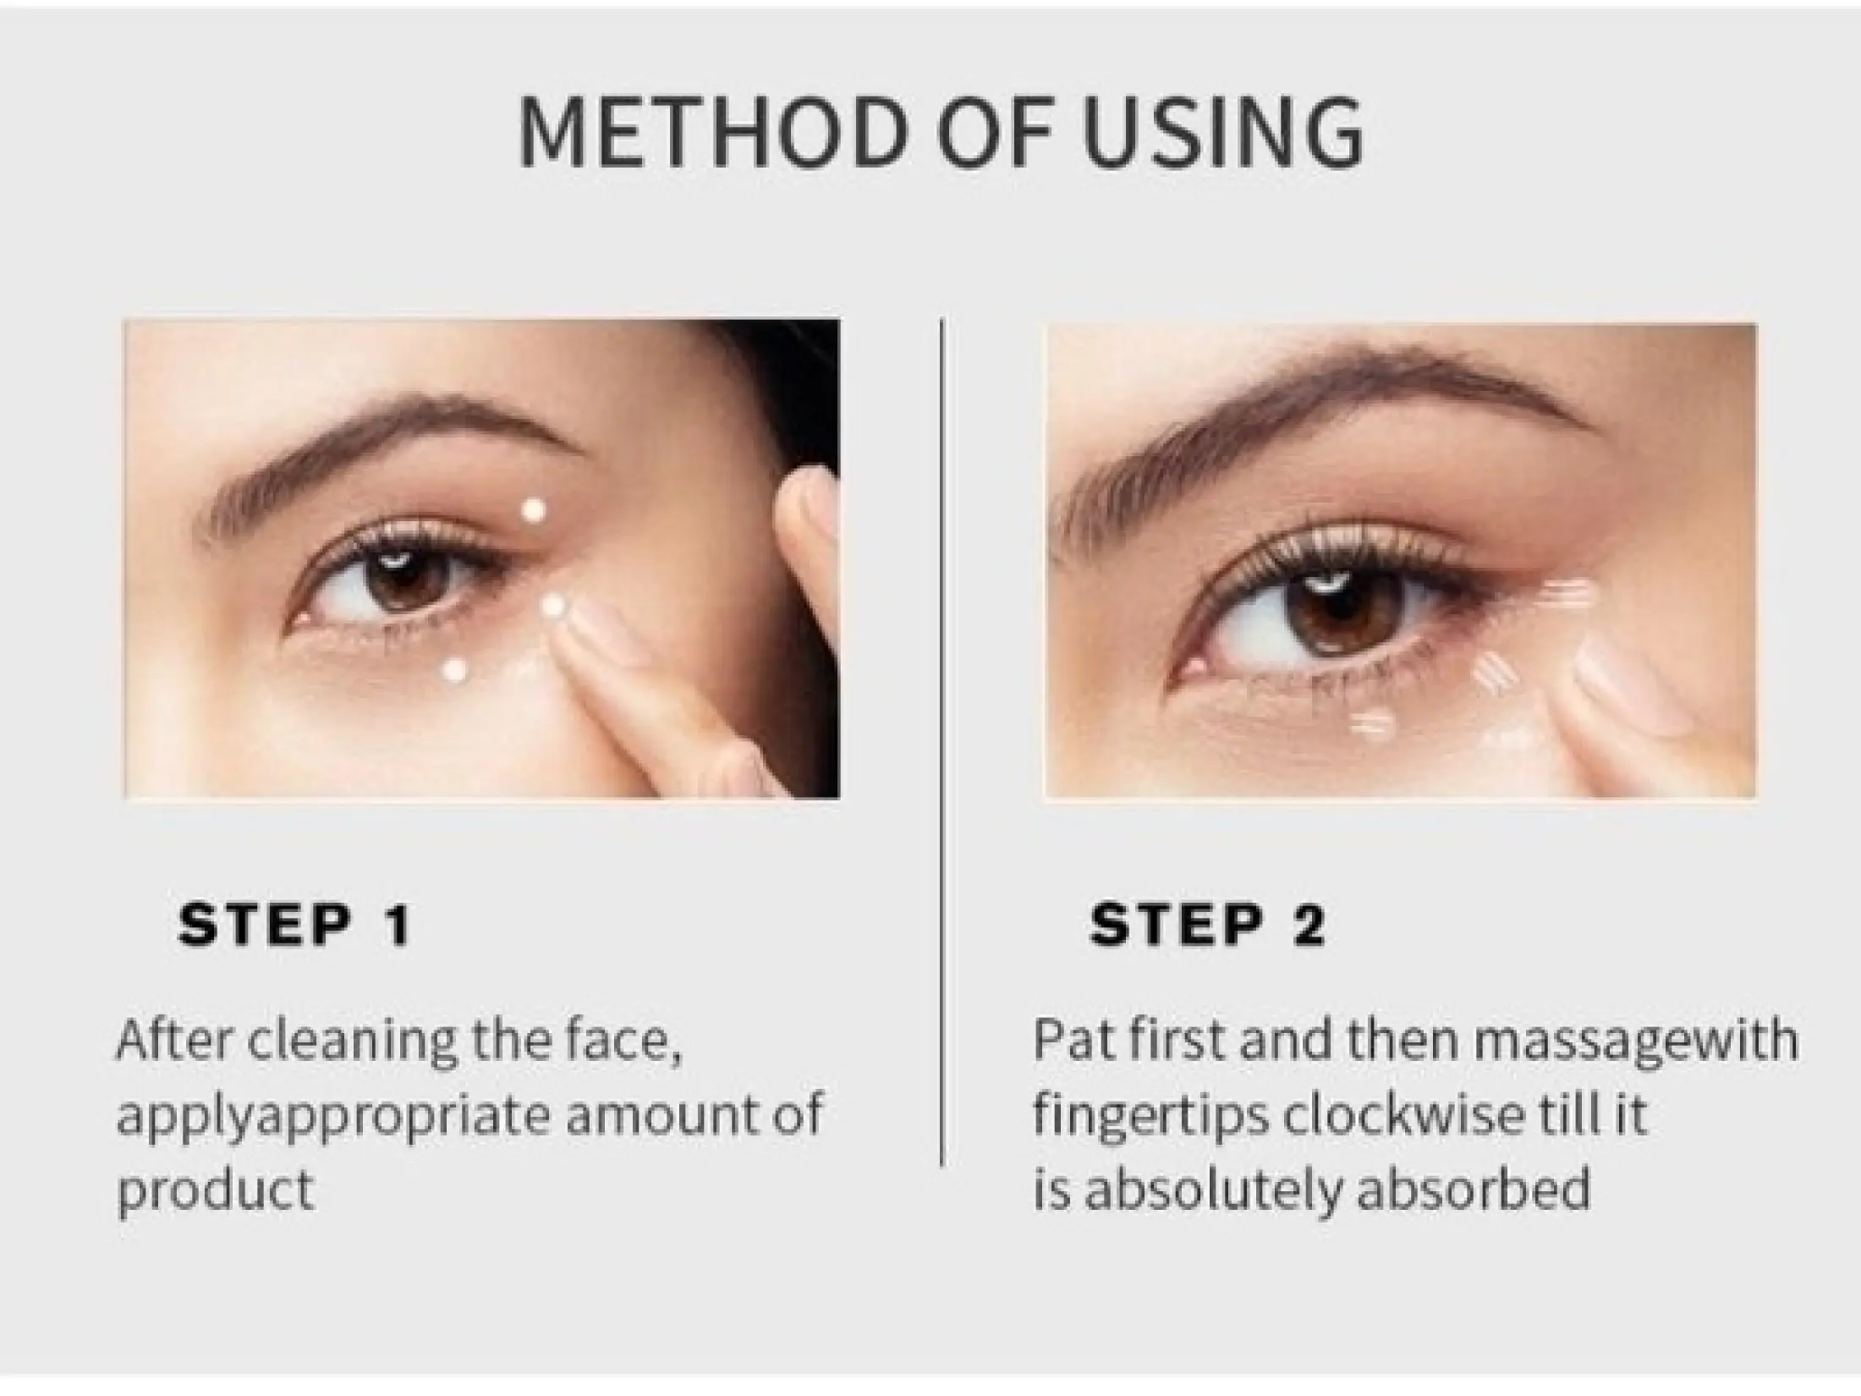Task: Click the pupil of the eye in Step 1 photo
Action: tap(398, 584)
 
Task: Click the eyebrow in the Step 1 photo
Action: tap(381, 440)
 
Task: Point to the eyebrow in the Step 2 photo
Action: tap(1320, 423)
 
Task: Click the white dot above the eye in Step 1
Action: tap(534, 509)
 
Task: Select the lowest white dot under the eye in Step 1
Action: tap(455, 670)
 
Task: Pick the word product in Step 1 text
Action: tap(215, 1190)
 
